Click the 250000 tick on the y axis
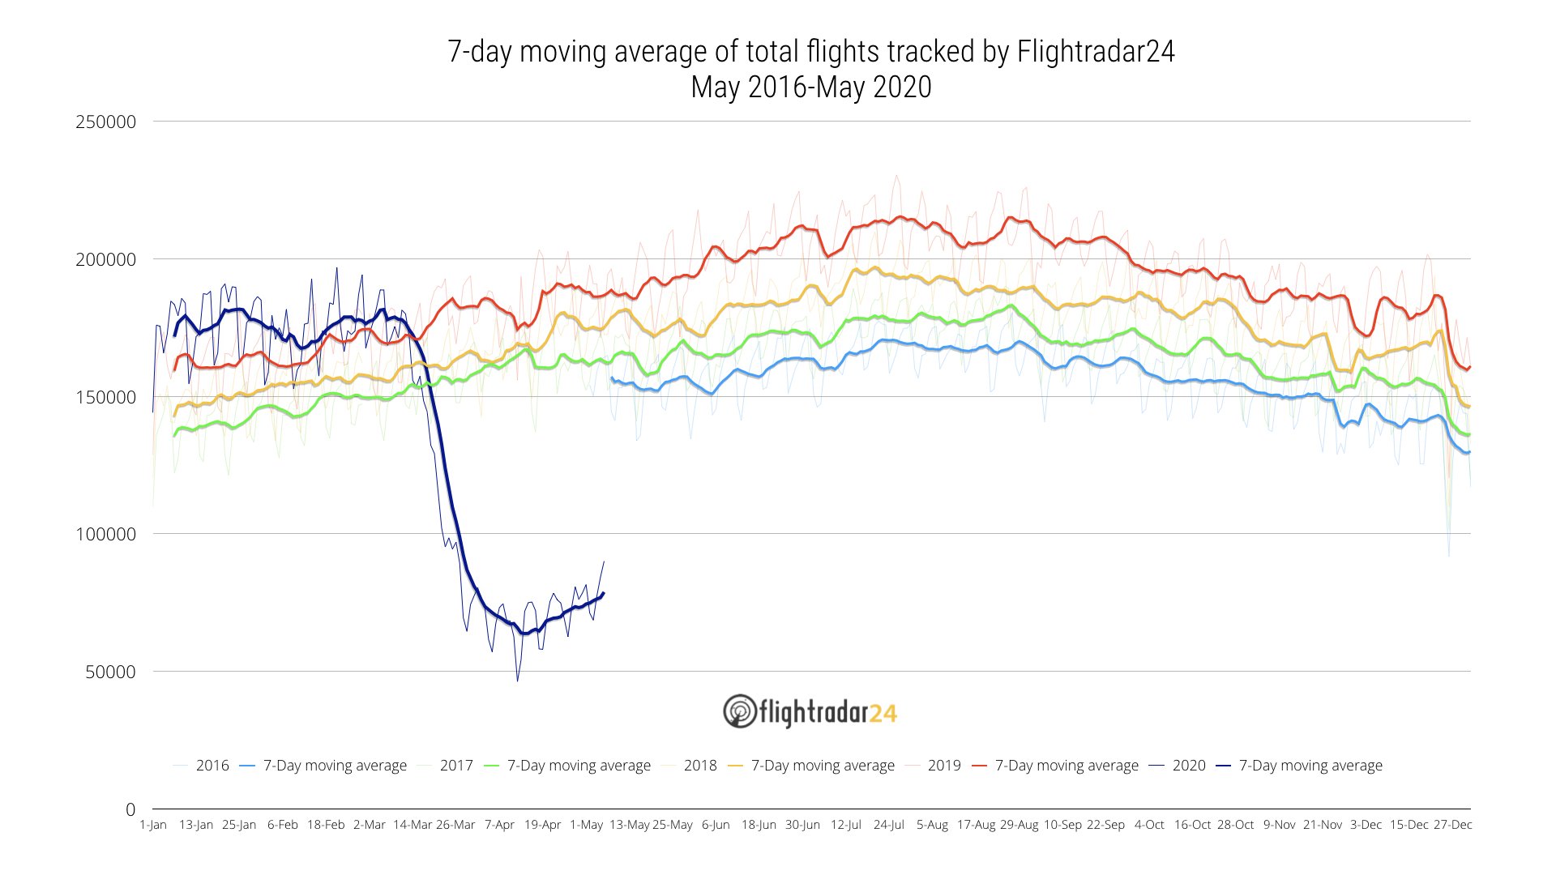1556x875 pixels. point(105,122)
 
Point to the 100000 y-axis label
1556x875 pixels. point(105,535)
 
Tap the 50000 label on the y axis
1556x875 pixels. point(110,672)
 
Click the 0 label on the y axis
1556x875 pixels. point(130,809)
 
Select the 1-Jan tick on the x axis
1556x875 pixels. point(152,825)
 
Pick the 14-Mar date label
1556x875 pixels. point(413,825)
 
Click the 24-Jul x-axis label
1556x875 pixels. point(888,825)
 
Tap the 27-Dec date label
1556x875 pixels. point(1452,825)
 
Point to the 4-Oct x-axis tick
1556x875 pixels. point(1149,825)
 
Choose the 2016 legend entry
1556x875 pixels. point(212,766)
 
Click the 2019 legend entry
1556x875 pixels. point(944,766)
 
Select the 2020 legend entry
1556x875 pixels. point(1189,766)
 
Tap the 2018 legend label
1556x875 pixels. point(700,766)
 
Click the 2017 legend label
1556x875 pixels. point(456,766)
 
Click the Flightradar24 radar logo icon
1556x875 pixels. point(739,711)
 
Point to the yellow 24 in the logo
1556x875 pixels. point(883,713)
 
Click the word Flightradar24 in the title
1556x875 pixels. point(1096,52)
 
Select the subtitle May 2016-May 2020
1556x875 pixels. point(810,87)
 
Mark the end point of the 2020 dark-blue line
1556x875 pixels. point(604,593)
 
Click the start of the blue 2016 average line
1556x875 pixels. point(611,378)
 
